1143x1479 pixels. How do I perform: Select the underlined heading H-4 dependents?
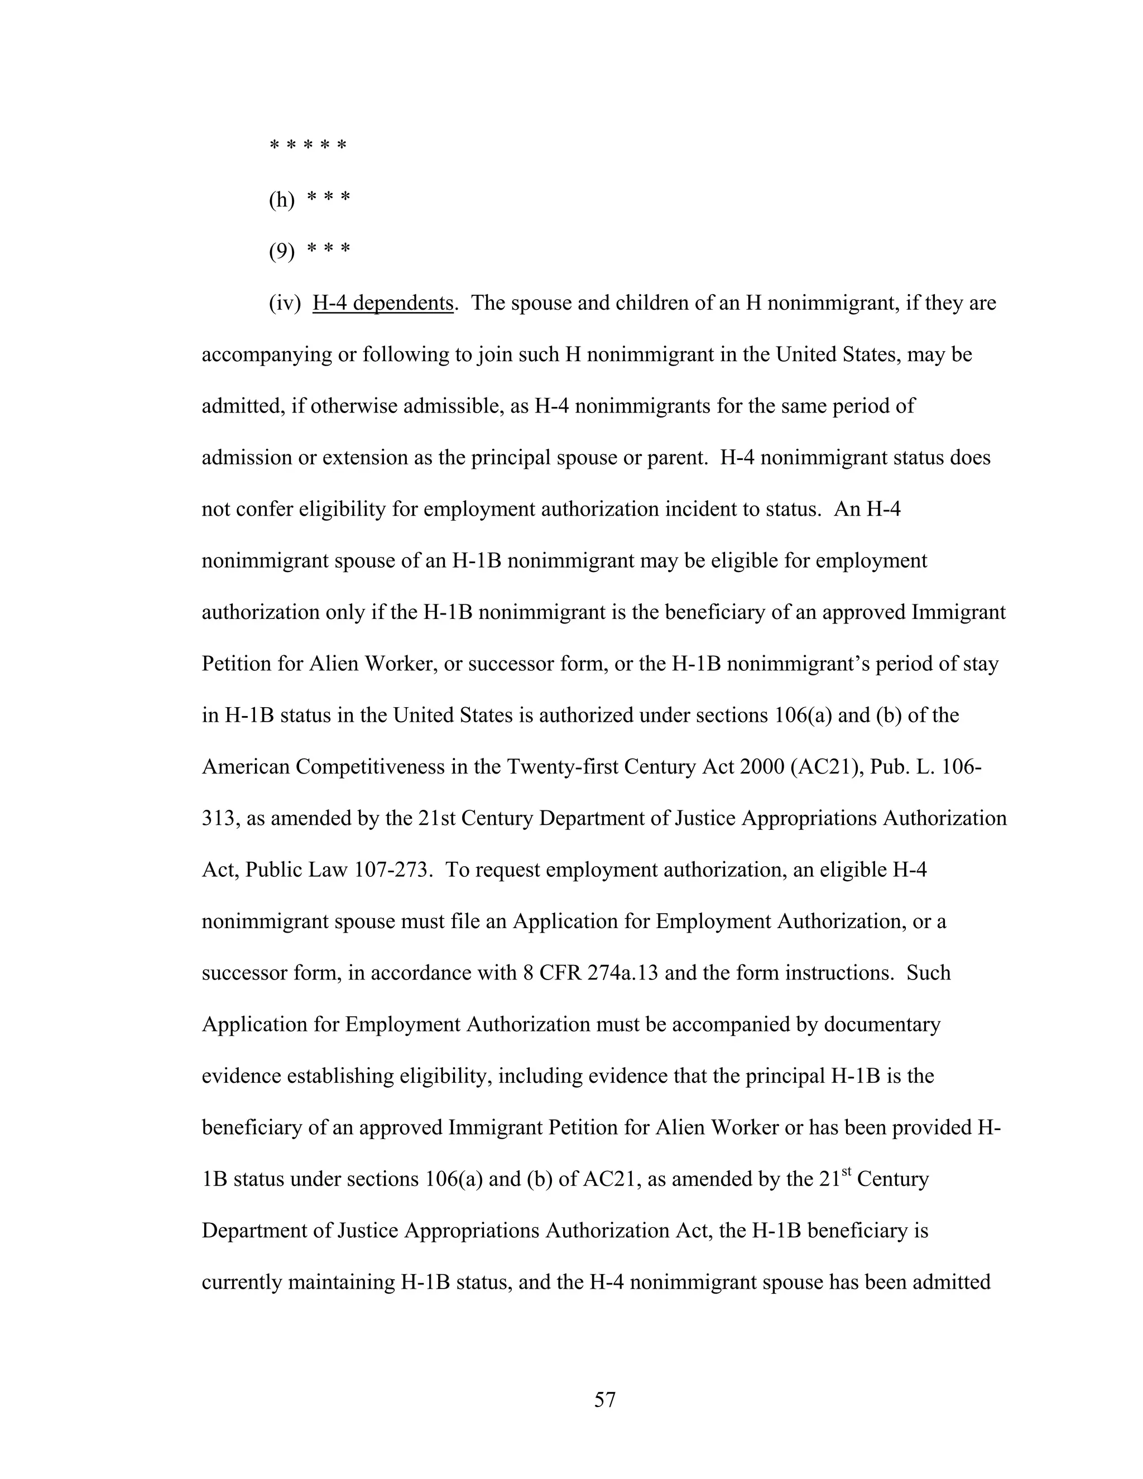click(x=382, y=304)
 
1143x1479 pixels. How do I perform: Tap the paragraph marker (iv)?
click(x=285, y=304)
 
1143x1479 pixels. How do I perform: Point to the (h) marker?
click(x=282, y=200)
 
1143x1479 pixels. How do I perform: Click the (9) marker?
click(x=282, y=252)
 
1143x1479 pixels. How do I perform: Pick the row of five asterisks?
click(x=308, y=146)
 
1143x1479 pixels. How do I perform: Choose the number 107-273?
click(x=393, y=870)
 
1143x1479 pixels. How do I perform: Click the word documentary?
click(x=882, y=1025)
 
